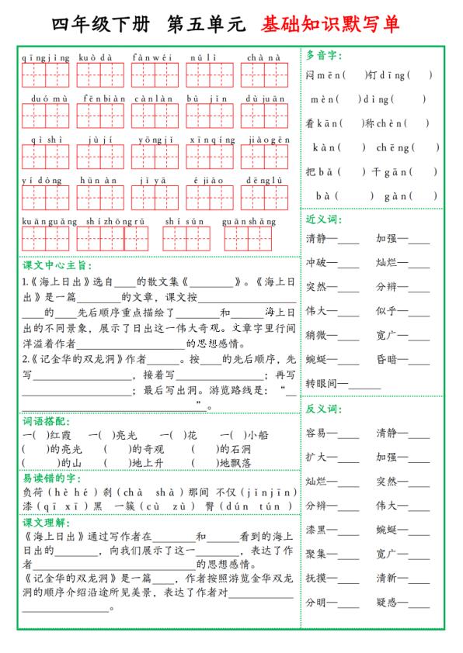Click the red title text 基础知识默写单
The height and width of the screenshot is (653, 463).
click(331, 25)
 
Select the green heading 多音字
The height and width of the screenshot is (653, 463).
click(324, 55)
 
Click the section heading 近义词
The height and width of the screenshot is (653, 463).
click(324, 219)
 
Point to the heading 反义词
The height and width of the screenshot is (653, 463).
click(324, 408)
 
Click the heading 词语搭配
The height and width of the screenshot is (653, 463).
click(46, 421)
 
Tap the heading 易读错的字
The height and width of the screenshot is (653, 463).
click(51, 479)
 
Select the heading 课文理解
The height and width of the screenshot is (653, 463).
click(46, 521)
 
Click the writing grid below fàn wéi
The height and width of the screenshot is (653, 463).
click(155, 75)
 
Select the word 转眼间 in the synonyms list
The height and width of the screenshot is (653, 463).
click(320, 383)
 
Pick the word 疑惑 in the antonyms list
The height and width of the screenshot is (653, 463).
click(386, 602)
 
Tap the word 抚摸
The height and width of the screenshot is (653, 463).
click(315, 578)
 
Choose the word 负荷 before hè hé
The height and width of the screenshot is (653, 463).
click(32, 492)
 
